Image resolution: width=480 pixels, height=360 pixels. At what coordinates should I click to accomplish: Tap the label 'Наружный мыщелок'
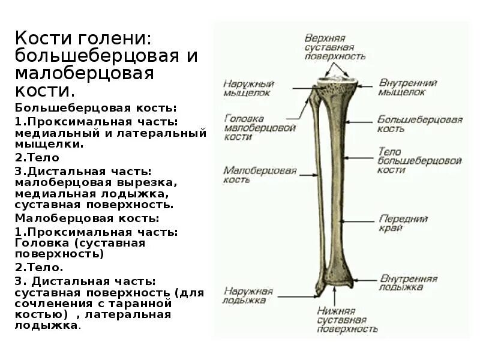(x=248, y=88)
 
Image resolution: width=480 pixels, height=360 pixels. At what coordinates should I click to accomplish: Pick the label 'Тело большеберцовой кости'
(x=419, y=161)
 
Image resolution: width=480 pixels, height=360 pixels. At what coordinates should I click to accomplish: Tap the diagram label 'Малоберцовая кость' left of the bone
(x=251, y=175)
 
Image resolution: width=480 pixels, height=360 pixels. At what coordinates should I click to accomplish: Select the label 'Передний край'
(x=403, y=223)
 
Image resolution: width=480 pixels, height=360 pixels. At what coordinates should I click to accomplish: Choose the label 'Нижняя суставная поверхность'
(x=347, y=320)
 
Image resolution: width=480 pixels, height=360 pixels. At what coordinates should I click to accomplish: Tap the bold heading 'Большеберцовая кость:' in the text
(x=96, y=108)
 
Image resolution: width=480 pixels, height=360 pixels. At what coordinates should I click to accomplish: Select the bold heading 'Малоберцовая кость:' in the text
(x=88, y=218)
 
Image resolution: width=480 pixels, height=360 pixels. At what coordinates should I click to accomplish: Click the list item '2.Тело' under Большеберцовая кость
(x=37, y=158)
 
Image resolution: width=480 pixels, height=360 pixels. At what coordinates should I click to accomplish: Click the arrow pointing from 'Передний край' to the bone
(x=360, y=220)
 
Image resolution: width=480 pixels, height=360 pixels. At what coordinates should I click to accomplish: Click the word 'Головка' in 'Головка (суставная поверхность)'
(x=39, y=243)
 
